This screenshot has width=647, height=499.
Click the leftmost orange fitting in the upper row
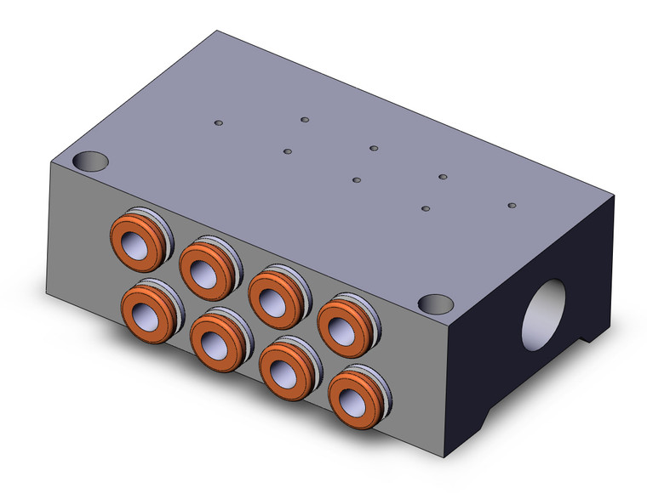click(x=136, y=241)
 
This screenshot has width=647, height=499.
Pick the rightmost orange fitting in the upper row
click(x=344, y=320)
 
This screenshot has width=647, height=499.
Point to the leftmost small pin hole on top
click(x=219, y=124)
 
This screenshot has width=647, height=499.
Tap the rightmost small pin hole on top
click(x=512, y=205)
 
